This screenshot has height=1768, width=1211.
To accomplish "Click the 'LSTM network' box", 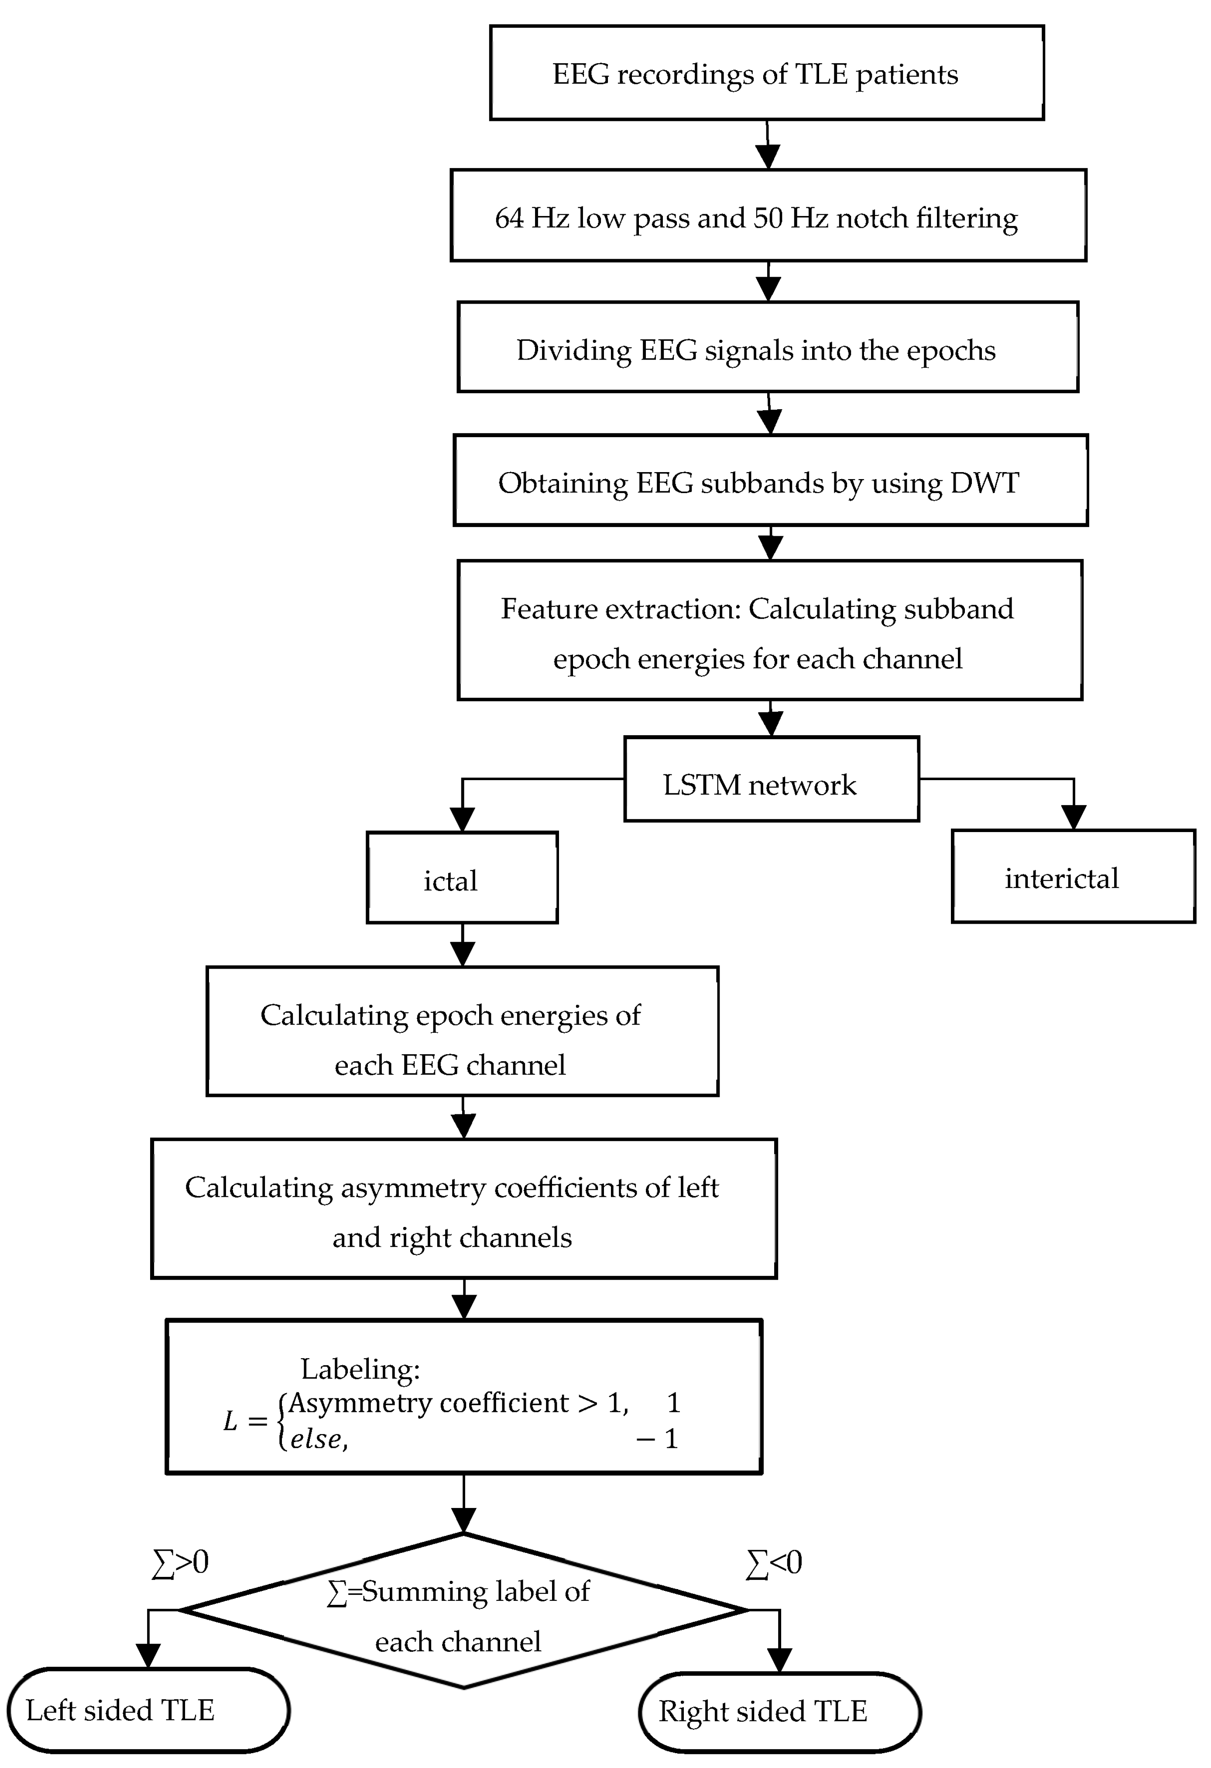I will click(771, 779).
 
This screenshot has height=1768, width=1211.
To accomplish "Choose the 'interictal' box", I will click(1073, 877).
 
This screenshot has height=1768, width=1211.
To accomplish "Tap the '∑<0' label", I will click(774, 1563).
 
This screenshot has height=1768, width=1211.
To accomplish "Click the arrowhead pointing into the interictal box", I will click(1073, 817).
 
